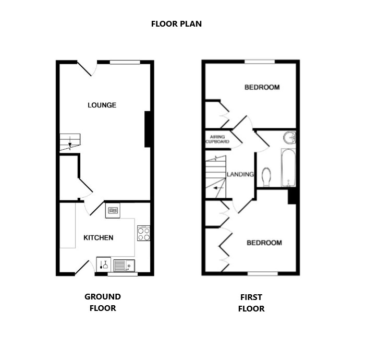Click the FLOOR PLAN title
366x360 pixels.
click(x=176, y=24)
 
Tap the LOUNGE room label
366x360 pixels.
click(x=102, y=105)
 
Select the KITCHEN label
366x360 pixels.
click(x=99, y=237)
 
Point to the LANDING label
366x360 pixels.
click(x=240, y=174)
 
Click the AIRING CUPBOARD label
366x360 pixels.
click(x=217, y=139)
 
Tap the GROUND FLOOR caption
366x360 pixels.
click(x=103, y=302)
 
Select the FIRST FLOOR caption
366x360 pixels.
click(x=251, y=303)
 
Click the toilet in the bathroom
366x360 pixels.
click(x=266, y=177)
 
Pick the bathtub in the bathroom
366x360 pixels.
click(x=288, y=167)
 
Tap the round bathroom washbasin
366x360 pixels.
click(x=290, y=138)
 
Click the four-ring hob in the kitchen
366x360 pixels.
click(x=143, y=233)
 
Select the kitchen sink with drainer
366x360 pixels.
click(x=124, y=266)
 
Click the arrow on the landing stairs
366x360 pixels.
click(x=218, y=188)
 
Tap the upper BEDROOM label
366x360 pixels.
click(x=262, y=87)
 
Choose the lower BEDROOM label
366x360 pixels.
click(x=264, y=243)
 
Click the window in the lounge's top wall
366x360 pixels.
click(x=125, y=62)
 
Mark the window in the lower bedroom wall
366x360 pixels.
click(x=263, y=273)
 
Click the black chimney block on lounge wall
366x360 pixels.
click(x=148, y=129)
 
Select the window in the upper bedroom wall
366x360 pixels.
click(x=260, y=62)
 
